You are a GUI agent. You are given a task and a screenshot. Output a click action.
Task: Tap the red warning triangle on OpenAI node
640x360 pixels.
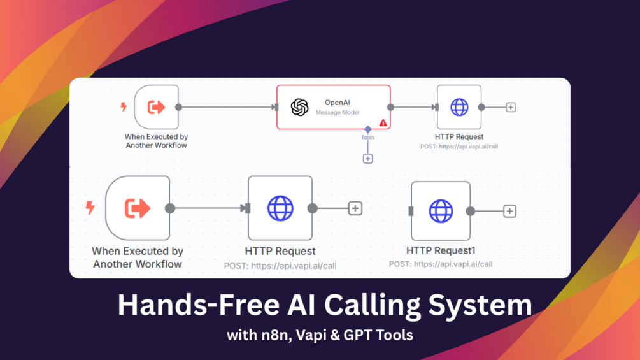[383, 122]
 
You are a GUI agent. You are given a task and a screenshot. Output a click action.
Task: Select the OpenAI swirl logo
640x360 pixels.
[299, 107]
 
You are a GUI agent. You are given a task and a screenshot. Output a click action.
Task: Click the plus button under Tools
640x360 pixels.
[367, 159]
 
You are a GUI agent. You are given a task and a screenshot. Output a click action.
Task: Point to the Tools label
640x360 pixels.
[367, 137]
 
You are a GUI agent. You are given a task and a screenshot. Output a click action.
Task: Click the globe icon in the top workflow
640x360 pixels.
[459, 107]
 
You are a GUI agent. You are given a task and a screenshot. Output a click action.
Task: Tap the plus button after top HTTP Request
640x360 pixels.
[510, 108]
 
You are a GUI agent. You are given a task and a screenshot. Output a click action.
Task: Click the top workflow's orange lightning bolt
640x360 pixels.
[124, 107]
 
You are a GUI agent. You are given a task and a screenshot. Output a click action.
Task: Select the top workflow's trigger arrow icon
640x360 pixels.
[156, 107]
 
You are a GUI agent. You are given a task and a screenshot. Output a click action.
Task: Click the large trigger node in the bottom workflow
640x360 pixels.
[138, 208]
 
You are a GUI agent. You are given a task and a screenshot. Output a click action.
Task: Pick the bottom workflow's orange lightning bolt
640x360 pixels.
[90, 208]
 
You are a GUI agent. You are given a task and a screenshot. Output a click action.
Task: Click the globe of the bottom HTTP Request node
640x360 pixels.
[280, 208]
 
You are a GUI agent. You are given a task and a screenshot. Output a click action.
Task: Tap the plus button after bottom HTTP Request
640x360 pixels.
[355, 208]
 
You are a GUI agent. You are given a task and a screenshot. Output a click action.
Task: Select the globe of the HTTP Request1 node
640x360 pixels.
[441, 211]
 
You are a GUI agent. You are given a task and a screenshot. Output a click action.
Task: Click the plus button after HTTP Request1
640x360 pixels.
[509, 211]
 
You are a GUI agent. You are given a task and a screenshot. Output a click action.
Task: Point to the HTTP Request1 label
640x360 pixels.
[441, 250]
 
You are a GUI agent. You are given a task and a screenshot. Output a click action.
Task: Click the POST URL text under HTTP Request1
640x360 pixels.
[441, 264]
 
